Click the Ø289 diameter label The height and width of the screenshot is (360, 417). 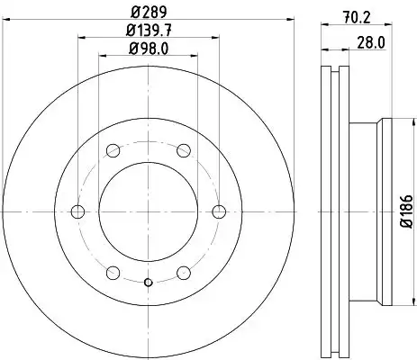click(149, 13)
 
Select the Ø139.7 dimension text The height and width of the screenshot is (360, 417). click(149, 31)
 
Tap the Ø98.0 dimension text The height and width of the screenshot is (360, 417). click(149, 49)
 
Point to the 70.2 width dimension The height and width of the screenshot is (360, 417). click(357, 17)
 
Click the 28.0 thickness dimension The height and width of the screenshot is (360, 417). click(371, 42)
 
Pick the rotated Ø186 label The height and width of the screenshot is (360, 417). click(408, 211)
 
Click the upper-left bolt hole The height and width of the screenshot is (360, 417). click(113, 150)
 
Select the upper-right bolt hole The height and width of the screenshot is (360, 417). click(184, 150)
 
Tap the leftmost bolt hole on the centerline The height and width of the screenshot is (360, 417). click(77, 211)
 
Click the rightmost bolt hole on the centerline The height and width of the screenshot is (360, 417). click(219, 211)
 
